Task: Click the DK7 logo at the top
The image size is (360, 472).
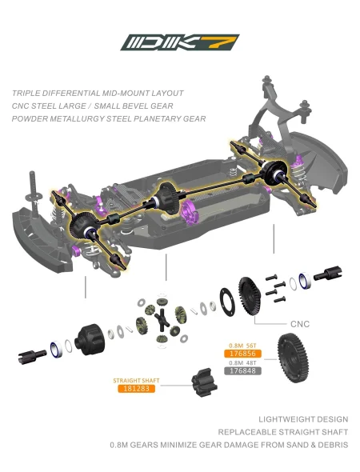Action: (180, 42)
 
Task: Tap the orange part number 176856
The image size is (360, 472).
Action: (242, 354)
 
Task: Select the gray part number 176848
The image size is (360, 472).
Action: (242, 370)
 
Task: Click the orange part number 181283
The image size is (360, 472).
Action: (136, 388)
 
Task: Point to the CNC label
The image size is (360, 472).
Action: (300, 324)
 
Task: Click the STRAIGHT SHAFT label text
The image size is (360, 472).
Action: (136, 381)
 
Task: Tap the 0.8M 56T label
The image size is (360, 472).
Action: (242, 346)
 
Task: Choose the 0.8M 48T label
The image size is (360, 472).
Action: (242, 362)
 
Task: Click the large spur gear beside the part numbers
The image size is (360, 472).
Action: (293, 358)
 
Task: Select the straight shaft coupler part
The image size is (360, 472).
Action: (205, 382)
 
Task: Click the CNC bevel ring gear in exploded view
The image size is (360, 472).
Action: (250, 296)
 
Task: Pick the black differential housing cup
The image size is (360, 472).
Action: (90, 339)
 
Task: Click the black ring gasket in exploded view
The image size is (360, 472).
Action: (227, 302)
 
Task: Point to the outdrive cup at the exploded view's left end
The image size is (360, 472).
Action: (32, 356)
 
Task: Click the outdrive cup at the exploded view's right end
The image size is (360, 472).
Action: (328, 274)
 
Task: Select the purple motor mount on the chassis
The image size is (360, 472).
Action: (190, 213)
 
